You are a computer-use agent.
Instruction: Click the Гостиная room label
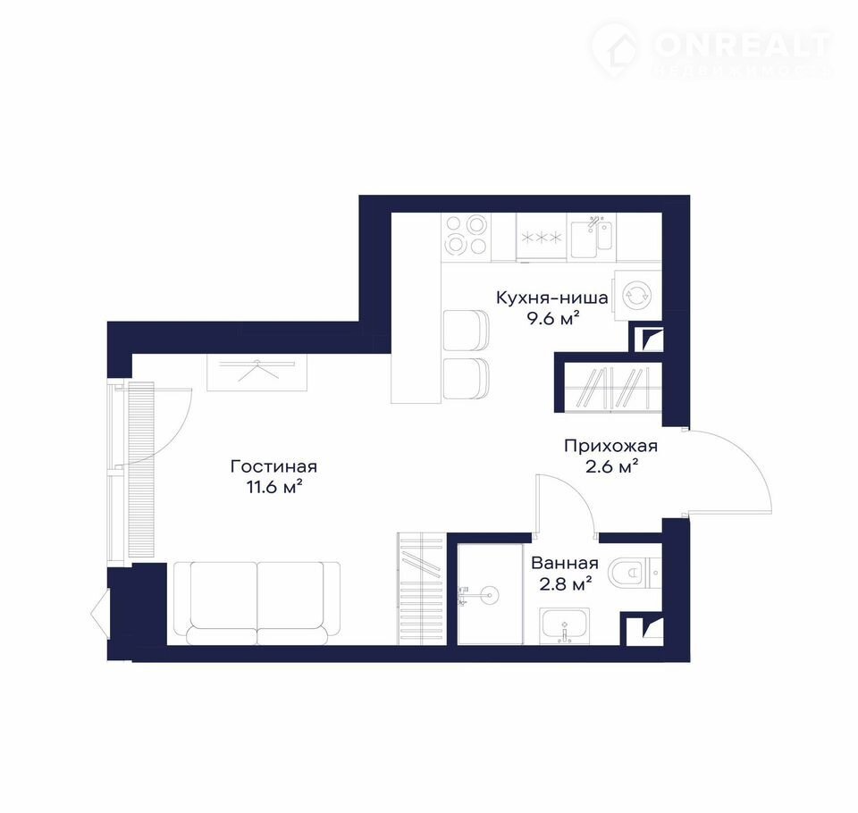(x=273, y=466)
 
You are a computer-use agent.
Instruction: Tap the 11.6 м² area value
(x=274, y=486)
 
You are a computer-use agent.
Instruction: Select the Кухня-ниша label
(x=552, y=298)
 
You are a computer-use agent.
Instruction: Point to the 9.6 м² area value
(x=552, y=318)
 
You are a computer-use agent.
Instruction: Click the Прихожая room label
(x=610, y=447)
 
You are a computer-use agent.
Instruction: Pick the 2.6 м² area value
(x=611, y=467)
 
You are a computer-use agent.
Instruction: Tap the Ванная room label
(x=565, y=563)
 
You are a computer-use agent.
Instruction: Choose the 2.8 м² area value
(x=566, y=584)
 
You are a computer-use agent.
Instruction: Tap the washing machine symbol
(x=637, y=295)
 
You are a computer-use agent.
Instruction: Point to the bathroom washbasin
(x=565, y=625)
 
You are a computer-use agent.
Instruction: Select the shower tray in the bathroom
(x=491, y=594)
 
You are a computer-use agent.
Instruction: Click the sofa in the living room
(x=257, y=603)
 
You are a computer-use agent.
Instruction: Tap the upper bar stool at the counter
(x=466, y=330)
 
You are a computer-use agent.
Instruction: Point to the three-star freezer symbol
(x=541, y=237)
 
